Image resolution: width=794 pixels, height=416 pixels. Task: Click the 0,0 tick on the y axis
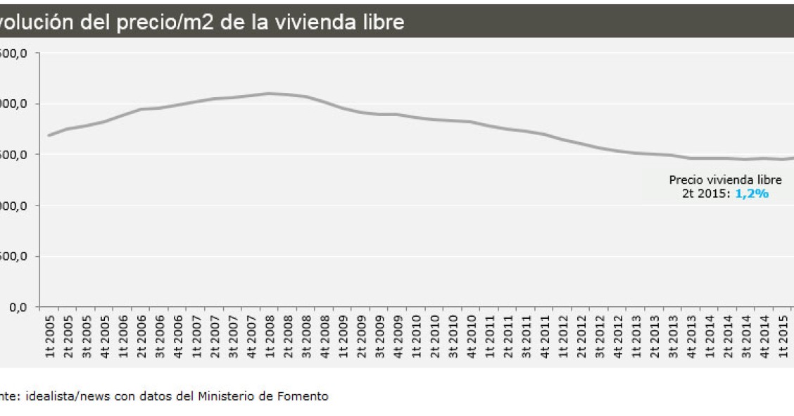coord(17,308)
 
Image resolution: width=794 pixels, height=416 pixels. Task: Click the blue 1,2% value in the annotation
coord(751,193)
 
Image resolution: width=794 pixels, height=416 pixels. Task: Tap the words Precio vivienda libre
coord(725,180)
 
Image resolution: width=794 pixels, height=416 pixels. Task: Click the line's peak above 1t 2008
coord(269,93)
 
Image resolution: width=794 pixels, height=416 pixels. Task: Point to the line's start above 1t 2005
coord(49,135)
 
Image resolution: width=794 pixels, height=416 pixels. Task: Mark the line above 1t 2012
coord(562,139)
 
